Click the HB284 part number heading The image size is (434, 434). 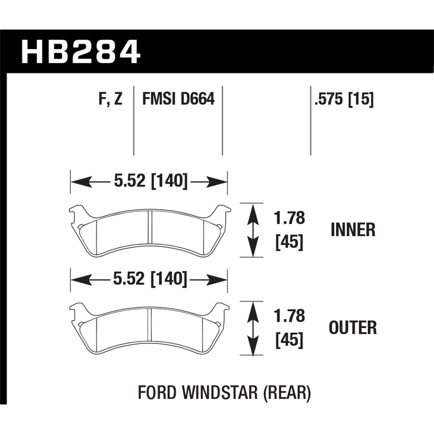coord(81,52)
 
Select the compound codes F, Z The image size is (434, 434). coord(111,99)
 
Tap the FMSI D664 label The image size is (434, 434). coord(178,99)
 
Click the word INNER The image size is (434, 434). coord(353,230)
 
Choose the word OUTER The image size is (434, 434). coord(353,328)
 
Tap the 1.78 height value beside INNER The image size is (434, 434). coord(290,218)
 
